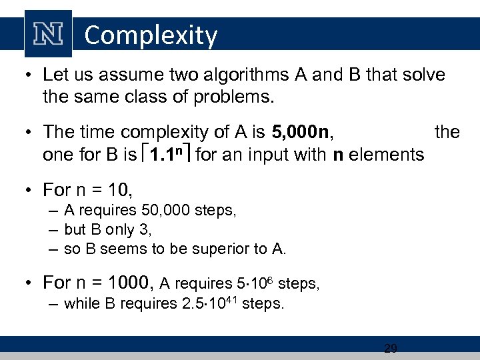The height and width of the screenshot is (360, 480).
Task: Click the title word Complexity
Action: point(151,35)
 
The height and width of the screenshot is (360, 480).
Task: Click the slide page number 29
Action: point(391,347)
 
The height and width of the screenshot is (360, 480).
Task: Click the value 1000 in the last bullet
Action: point(127,283)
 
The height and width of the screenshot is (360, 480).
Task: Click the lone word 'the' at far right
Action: point(447,132)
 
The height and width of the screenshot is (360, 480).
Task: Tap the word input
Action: point(259,155)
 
